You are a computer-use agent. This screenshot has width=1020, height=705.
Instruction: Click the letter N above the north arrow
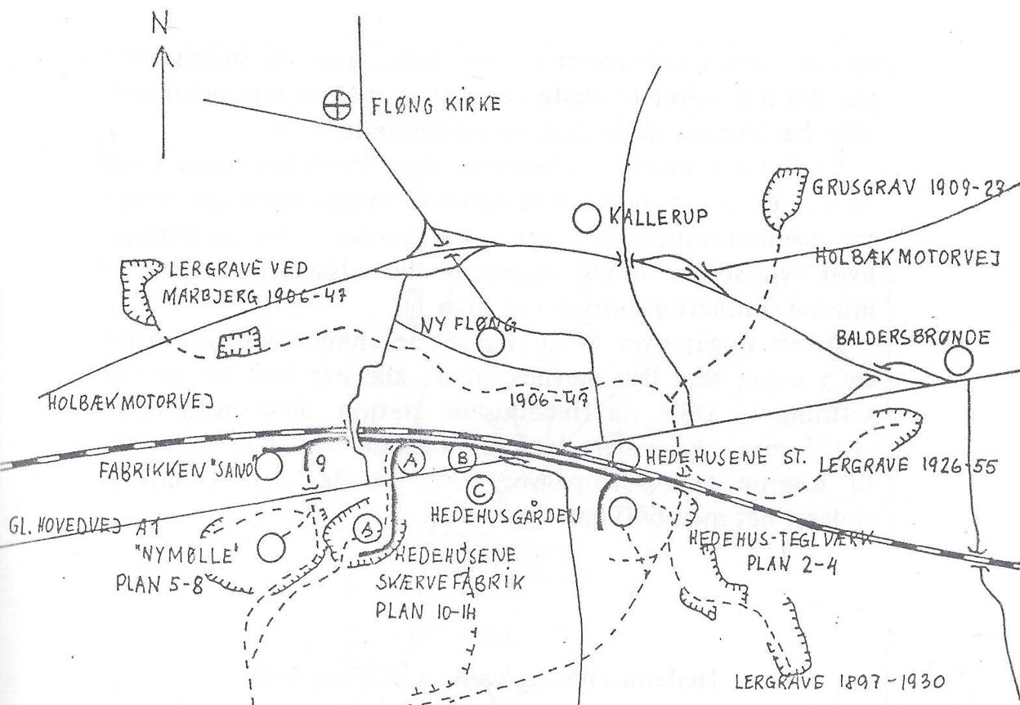click(x=161, y=25)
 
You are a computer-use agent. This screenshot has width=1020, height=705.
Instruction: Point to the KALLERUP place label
click(x=647, y=218)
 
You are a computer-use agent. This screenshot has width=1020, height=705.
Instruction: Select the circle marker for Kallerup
click(x=586, y=217)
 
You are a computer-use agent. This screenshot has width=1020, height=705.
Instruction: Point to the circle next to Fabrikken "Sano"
click(x=270, y=467)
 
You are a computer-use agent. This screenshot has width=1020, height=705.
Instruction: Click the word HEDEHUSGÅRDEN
click(x=497, y=517)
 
